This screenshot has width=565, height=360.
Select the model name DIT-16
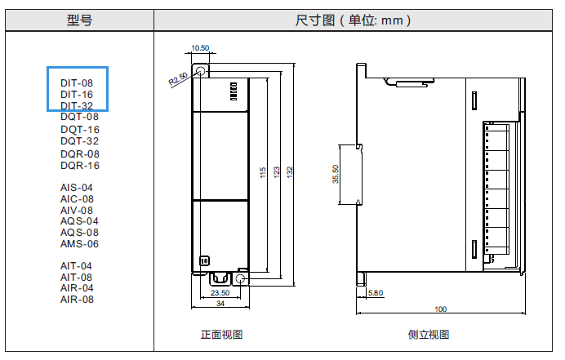click(x=77, y=95)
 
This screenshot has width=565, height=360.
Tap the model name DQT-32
click(x=80, y=141)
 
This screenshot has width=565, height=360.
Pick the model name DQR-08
click(x=80, y=153)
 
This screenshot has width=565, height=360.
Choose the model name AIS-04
click(x=77, y=188)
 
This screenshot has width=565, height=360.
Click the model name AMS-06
click(x=79, y=244)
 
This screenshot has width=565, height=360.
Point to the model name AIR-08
click(x=77, y=300)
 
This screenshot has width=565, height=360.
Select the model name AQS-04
click(x=79, y=221)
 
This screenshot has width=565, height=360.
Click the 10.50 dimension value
click(x=200, y=48)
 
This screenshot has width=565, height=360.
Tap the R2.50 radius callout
click(x=178, y=79)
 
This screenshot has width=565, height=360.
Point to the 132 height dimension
click(x=291, y=172)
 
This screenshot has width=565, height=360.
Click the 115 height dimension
click(x=264, y=172)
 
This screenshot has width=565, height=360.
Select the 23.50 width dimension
click(x=220, y=292)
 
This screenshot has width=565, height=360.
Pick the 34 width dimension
click(x=220, y=304)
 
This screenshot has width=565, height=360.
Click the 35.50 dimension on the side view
click(x=336, y=174)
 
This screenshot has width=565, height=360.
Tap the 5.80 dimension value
click(x=376, y=292)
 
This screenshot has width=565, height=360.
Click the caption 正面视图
click(x=222, y=335)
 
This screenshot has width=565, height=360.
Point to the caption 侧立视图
click(x=429, y=335)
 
